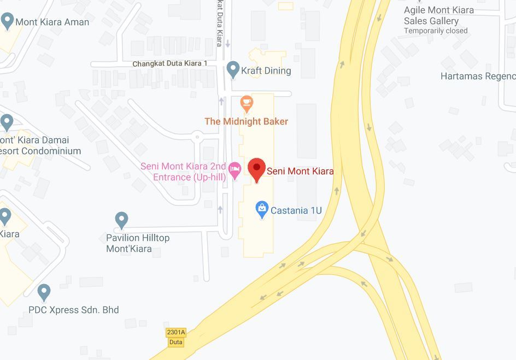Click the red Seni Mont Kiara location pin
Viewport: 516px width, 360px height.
pyautogui.click(x=257, y=169)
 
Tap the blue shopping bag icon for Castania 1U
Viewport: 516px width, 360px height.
pyautogui.click(x=262, y=209)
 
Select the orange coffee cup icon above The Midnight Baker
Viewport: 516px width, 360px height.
pyautogui.click(x=247, y=103)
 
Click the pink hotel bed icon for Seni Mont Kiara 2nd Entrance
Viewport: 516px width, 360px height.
pyautogui.click(x=234, y=169)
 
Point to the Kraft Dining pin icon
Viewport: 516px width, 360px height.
pyautogui.click(x=233, y=69)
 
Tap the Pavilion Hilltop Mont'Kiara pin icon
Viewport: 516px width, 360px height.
pyautogui.click(x=121, y=220)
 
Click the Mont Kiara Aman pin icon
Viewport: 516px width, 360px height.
pyautogui.click(x=7, y=21)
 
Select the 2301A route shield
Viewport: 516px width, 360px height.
pyautogui.click(x=176, y=332)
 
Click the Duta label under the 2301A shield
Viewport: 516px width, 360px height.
pyautogui.click(x=175, y=342)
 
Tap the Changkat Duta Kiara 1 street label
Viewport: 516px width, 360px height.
pyautogui.click(x=170, y=64)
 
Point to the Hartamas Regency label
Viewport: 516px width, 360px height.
pyautogui.click(x=478, y=76)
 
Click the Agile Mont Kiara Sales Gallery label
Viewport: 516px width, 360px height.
pyautogui.click(x=438, y=15)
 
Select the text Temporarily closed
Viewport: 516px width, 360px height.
pyautogui.click(x=436, y=31)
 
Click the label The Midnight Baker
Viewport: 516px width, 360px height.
pyautogui.click(x=246, y=121)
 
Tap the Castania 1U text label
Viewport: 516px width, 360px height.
pyautogui.click(x=296, y=210)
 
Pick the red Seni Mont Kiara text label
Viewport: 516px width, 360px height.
pyautogui.click(x=300, y=171)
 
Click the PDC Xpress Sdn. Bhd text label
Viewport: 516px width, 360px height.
pyautogui.click(x=74, y=310)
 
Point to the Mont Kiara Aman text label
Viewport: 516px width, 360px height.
pyautogui.click(x=52, y=22)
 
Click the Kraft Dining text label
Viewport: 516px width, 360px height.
pyautogui.click(x=266, y=70)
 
